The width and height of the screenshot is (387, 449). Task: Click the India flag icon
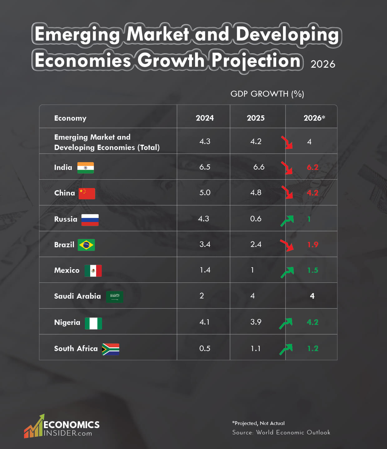click(86, 168)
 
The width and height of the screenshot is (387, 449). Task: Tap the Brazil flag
click(86, 245)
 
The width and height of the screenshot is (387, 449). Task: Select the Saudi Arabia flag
click(115, 297)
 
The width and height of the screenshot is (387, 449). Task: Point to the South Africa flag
click(110, 349)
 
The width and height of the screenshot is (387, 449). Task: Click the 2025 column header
click(256, 118)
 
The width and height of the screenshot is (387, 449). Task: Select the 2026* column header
click(314, 118)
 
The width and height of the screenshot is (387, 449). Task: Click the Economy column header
click(70, 118)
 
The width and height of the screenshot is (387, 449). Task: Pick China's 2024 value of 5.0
click(205, 193)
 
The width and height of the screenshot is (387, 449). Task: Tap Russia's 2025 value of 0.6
click(256, 219)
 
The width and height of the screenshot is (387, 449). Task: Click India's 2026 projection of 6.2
click(312, 167)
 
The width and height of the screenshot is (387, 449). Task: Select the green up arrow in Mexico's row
click(287, 272)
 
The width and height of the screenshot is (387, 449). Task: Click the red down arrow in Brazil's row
click(287, 245)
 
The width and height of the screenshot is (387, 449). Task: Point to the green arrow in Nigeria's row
click(286, 323)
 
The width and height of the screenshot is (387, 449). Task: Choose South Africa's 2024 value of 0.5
click(205, 349)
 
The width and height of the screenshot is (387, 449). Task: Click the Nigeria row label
click(67, 322)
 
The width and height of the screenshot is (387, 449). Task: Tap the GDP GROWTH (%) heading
click(267, 94)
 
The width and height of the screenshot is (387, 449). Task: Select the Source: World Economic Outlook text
click(281, 432)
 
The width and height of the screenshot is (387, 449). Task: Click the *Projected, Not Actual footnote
click(258, 423)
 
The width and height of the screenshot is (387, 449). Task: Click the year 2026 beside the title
click(323, 64)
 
